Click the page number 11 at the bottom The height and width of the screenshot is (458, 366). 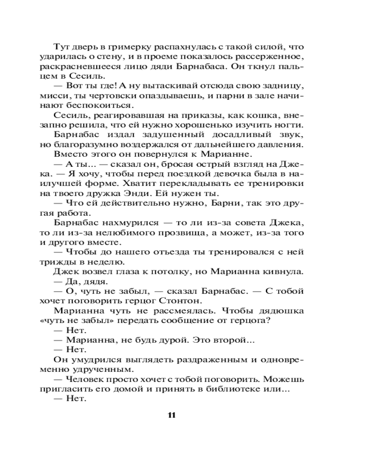click(172, 415)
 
